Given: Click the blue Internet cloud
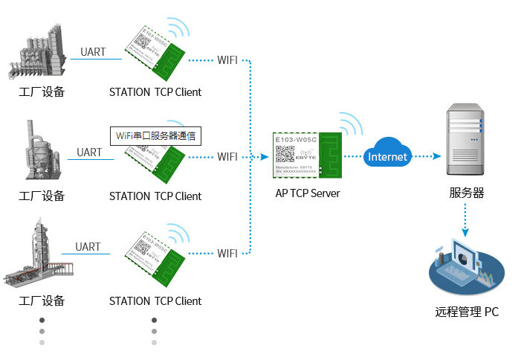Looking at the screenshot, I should (x=387, y=155).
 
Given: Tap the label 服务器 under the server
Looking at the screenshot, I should (x=466, y=193).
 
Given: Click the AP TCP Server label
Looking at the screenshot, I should (x=307, y=193).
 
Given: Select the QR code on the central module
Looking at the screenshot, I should (x=285, y=155).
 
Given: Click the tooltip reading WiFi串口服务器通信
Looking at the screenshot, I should (x=157, y=136).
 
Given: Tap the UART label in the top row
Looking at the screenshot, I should (x=93, y=52).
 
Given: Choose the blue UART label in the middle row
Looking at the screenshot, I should (x=89, y=152).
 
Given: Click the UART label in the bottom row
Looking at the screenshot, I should (x=88, y=247).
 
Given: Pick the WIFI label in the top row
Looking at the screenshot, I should (x=227, y=60).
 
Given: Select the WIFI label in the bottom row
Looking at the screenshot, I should (x=227, y=254).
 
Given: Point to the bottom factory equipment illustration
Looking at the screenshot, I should (x=37, y=253).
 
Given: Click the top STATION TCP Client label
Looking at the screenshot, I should (x=155, y=92).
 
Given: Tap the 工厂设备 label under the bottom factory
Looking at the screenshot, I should (x=42, y=301).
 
